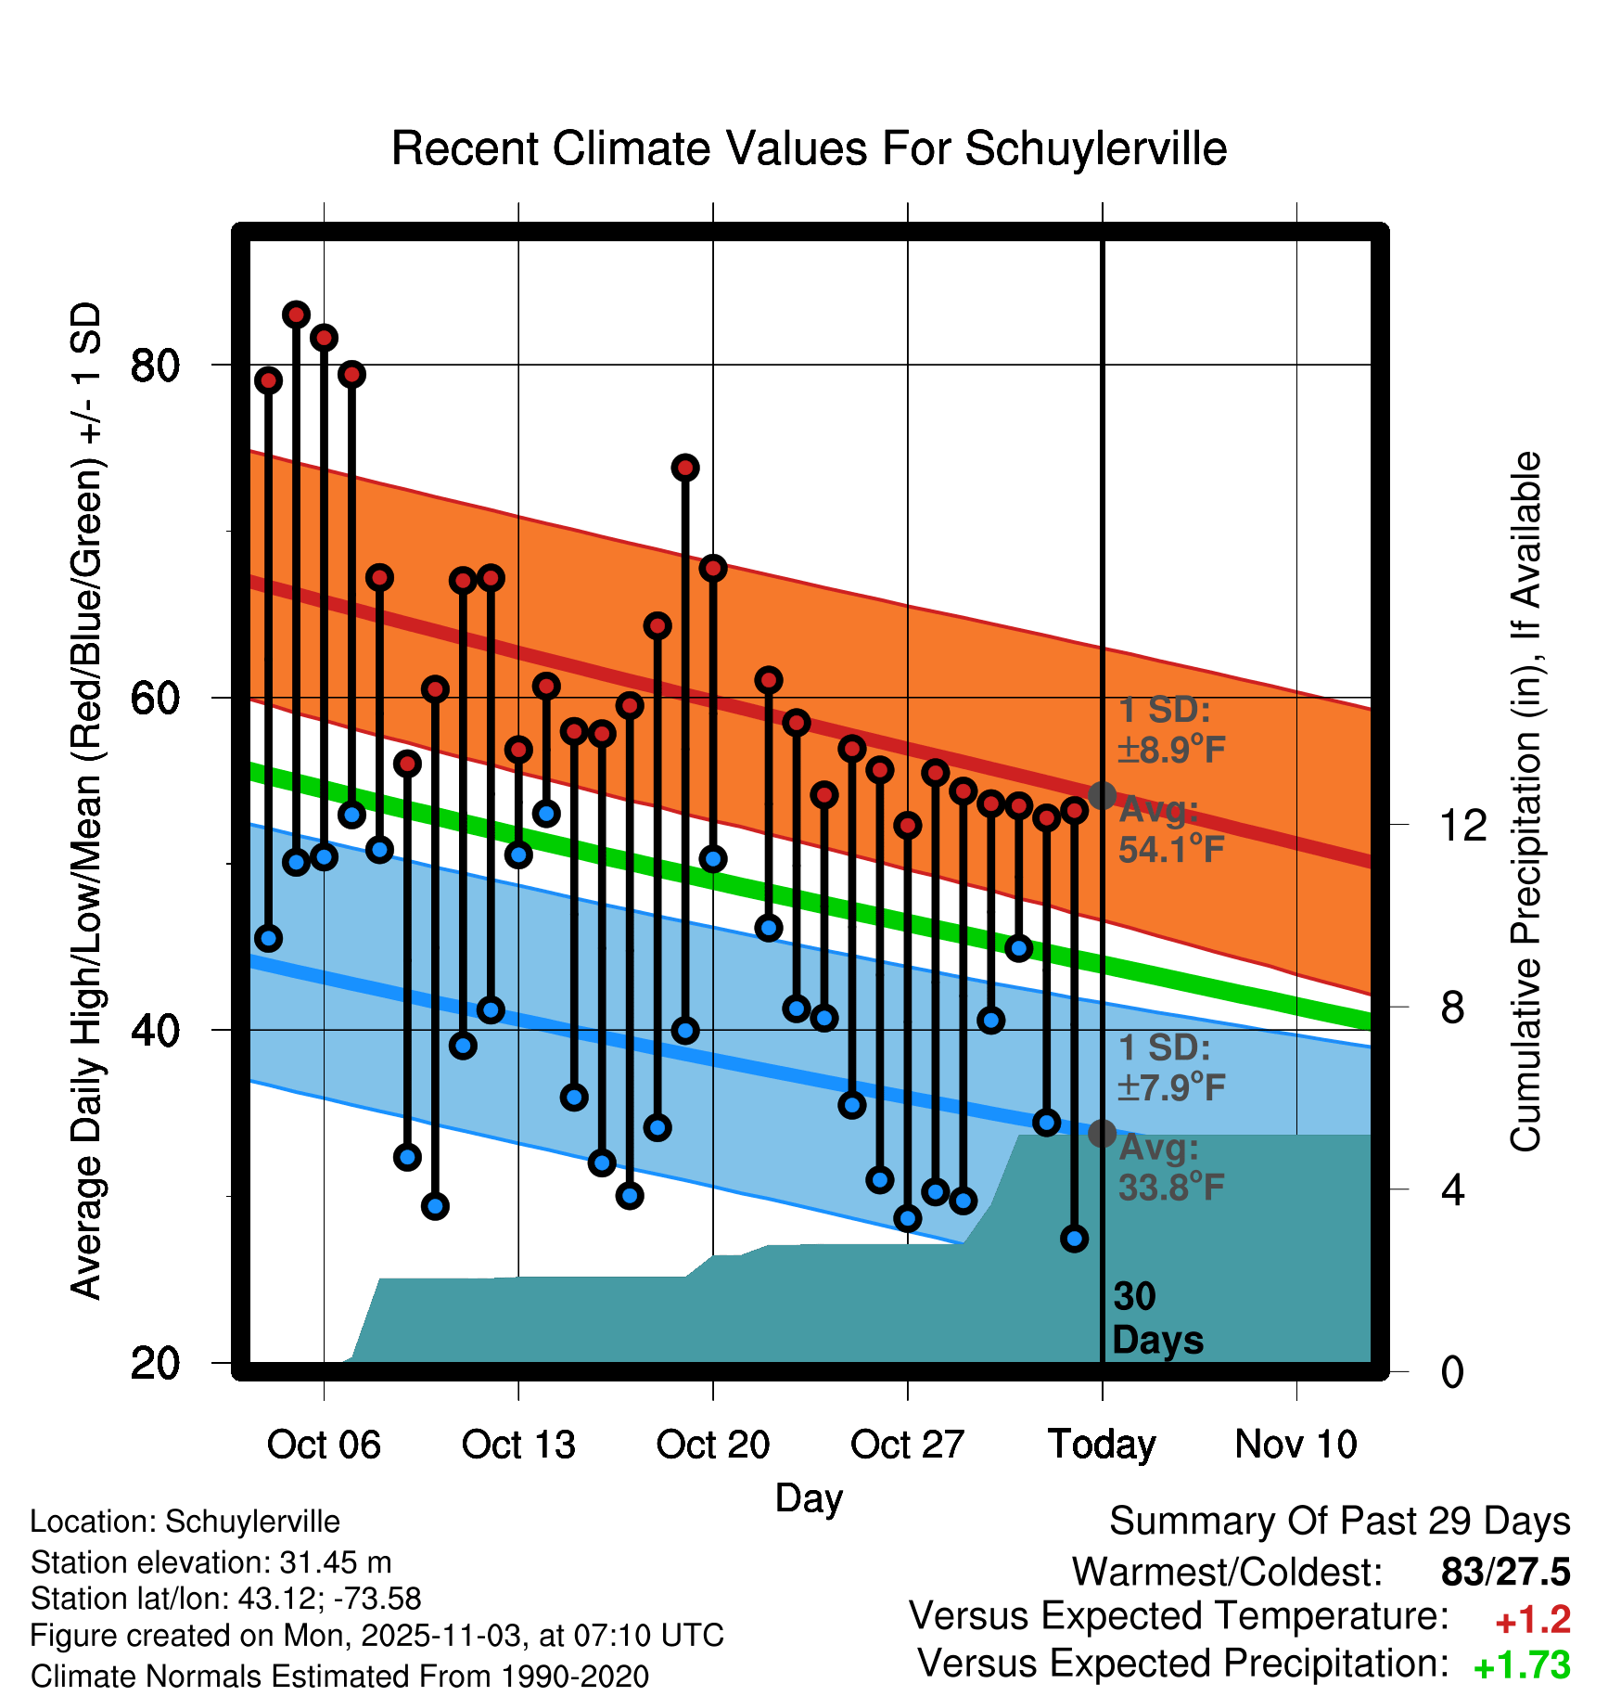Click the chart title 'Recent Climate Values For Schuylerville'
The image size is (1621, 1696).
[x=809, y=148]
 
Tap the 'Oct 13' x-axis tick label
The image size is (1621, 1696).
[x=518, y=1445]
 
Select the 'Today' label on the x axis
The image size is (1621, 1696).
[x=1102, y=1445]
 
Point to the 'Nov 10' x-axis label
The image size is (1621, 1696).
[x=1296, y=1445]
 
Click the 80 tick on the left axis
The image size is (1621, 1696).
[x=155, y=366]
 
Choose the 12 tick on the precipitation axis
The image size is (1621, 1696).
[x=1463, y=825]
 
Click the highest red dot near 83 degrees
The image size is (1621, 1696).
[x=296, y=315]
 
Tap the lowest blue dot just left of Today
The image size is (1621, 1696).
[x=1074, y=1238]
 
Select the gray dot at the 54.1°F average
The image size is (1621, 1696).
[x=1102, y=795]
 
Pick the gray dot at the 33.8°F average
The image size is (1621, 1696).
[x=1102, y=1133]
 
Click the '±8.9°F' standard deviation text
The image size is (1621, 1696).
[x=1171, y=750]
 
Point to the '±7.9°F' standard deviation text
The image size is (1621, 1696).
[x=1171, y=1086]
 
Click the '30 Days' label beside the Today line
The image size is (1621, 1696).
[x=1156, y=1318]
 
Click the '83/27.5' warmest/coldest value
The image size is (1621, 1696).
[x=1505, y=1572]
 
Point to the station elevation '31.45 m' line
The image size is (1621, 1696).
[x=211, y=1562]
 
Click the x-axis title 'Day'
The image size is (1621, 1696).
[x=809, y=1498]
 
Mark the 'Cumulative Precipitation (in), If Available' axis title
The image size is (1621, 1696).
[x=1525, y=802]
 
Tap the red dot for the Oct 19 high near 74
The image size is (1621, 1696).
[x=685, y=468]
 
